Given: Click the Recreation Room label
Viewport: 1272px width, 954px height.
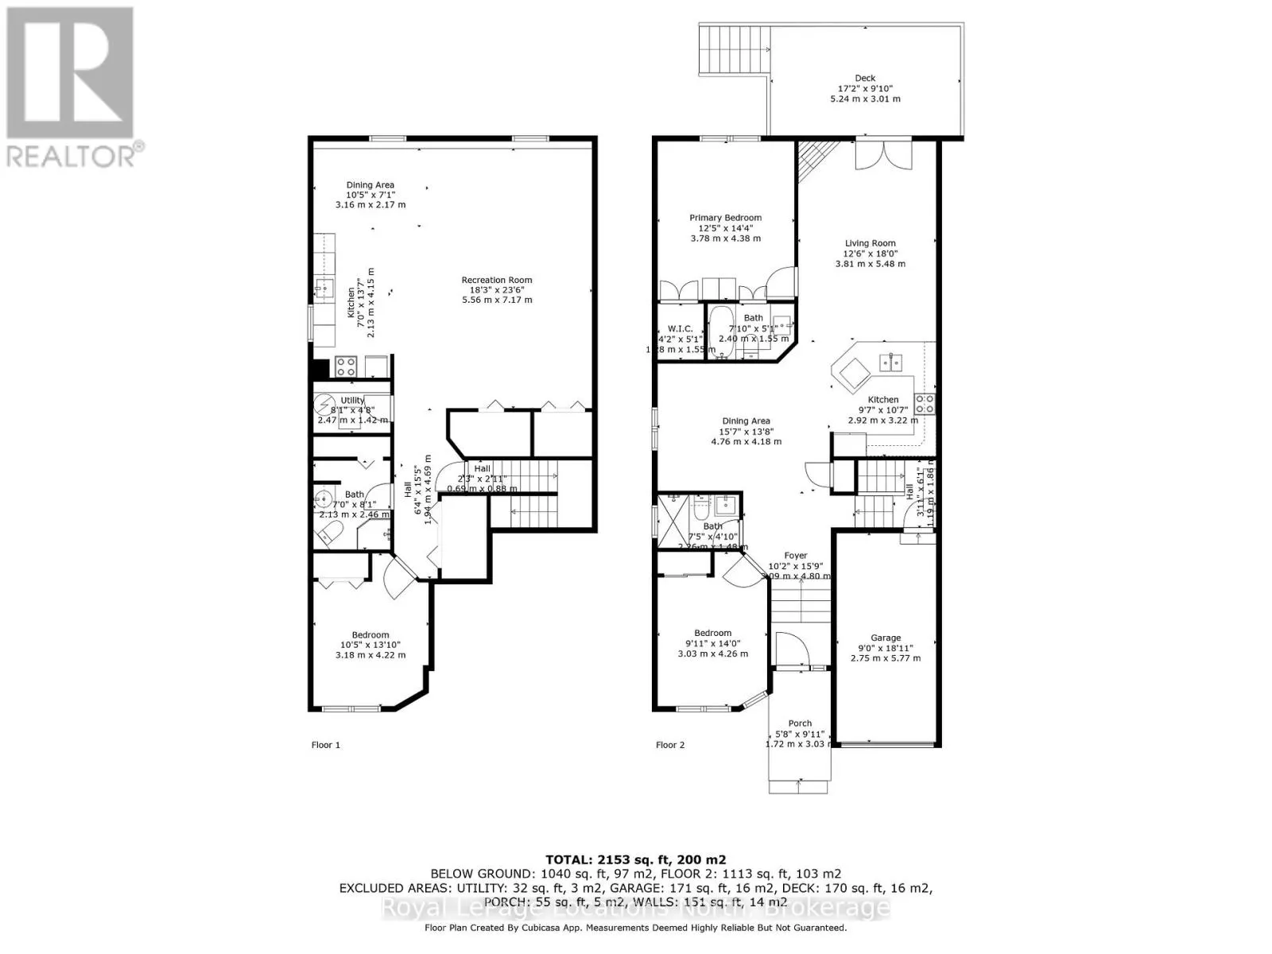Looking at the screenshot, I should [497, 280].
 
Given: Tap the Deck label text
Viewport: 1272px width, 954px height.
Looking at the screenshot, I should [865, 78].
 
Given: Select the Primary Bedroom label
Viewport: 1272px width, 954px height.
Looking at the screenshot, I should [725, 218].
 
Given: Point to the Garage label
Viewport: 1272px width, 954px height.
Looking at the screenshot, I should [886, 638].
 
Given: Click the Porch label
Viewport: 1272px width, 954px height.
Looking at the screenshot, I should [800, 723].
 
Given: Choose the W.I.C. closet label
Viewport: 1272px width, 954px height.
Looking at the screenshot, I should [681, 328].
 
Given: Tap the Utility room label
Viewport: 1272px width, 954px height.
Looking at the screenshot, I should [352, 400].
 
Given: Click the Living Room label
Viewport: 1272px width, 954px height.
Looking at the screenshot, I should [870, 243].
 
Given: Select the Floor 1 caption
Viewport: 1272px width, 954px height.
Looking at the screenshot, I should [325, 745].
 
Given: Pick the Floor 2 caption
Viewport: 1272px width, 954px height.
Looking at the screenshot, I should [670, 745].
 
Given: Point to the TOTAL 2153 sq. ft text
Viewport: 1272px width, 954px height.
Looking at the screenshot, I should [636, 859].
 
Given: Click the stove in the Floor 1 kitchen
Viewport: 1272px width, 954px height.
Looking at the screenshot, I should [346, 366].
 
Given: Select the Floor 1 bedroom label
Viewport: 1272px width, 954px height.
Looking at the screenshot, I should [370, 635].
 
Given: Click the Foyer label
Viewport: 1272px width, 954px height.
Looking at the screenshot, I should [795, 556].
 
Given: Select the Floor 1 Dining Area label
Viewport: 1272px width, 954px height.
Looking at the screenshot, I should [370, 185].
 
